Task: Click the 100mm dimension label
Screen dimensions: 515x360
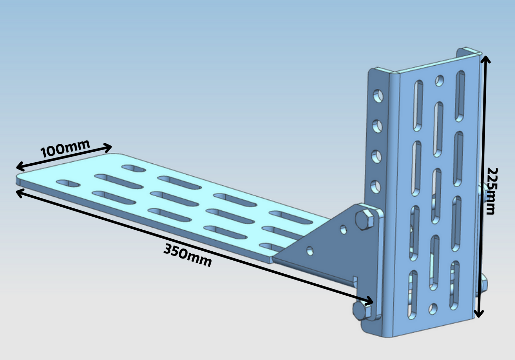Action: click(x=65, y=149)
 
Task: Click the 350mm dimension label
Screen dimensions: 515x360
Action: click(x=187, y=255)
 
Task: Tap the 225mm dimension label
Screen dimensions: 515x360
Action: click(x=492, y=191)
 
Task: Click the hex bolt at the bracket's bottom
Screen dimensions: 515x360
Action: click(x=362, y=311)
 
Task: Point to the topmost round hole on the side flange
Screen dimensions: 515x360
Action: click(x=378, y=96)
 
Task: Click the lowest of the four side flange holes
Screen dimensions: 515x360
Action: click(x=376, y=187)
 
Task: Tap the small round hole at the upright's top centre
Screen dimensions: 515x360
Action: click(x=440, y=81)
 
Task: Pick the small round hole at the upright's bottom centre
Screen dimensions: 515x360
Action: click(x=433, y=309)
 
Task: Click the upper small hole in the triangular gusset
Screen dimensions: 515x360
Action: click(x=343, y=230)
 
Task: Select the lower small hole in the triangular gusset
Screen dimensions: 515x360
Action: click(x=310, y=251)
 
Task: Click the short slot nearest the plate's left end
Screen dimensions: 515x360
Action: click(x=68, y=183)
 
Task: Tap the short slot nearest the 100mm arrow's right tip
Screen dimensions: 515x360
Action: click(x=134, y=168)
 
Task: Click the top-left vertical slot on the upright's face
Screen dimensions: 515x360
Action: click(x=418, y=106)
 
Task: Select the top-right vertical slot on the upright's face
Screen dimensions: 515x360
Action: click(x=460, y=96)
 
